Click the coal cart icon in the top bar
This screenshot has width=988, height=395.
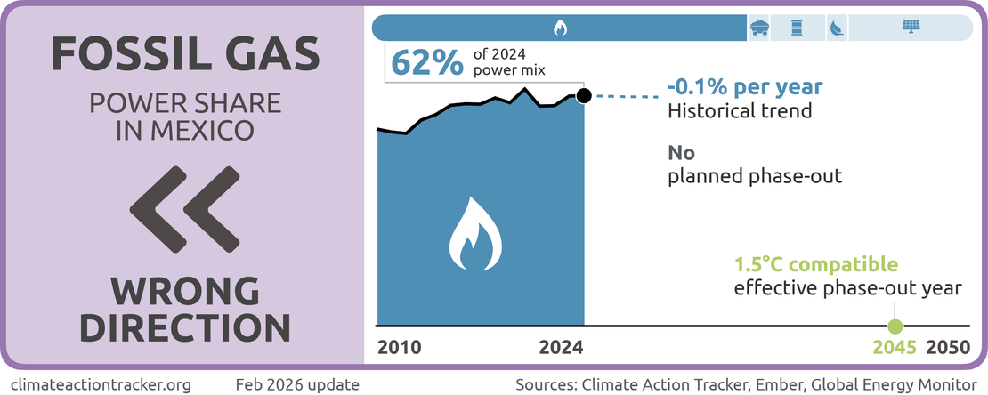(x=759, y=28)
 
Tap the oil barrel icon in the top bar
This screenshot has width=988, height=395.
(x=798, y=28)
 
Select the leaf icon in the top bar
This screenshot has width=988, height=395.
(x=836, y=28)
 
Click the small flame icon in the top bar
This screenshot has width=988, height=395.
(x=560, y=28)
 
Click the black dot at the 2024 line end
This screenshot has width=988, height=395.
(x=583, y=96)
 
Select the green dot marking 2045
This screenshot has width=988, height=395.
(x=896, y=326)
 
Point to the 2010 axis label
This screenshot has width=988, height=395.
(x=399, y=347)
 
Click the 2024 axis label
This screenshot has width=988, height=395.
(x=561, y=347)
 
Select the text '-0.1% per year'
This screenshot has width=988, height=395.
(x=744, y=88)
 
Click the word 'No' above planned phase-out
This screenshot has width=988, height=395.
(x=682, y=152)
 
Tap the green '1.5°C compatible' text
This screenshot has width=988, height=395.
(x=815, y=264)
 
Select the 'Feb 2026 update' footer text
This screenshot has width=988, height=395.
(x=297, y=385)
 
